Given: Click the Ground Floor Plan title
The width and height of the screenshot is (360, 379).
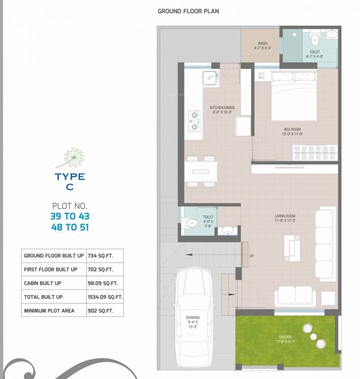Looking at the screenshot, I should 188,11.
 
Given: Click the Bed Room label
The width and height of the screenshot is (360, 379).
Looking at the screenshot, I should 291,130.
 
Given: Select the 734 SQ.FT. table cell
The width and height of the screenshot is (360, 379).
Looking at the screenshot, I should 100,256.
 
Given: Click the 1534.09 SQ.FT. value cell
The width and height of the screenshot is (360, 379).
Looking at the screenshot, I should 105,297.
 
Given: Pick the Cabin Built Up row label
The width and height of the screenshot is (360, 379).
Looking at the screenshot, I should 43,283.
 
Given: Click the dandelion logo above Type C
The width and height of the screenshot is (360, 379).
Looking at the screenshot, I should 71,157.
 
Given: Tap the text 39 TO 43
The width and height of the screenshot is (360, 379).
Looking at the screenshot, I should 70,216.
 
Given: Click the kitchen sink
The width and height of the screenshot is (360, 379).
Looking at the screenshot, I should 210,78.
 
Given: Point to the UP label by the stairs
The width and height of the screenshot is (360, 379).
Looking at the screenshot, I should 252,256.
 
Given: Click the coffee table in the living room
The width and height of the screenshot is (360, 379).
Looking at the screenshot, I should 291,248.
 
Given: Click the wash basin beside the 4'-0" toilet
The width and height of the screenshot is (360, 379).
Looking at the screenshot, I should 227,230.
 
